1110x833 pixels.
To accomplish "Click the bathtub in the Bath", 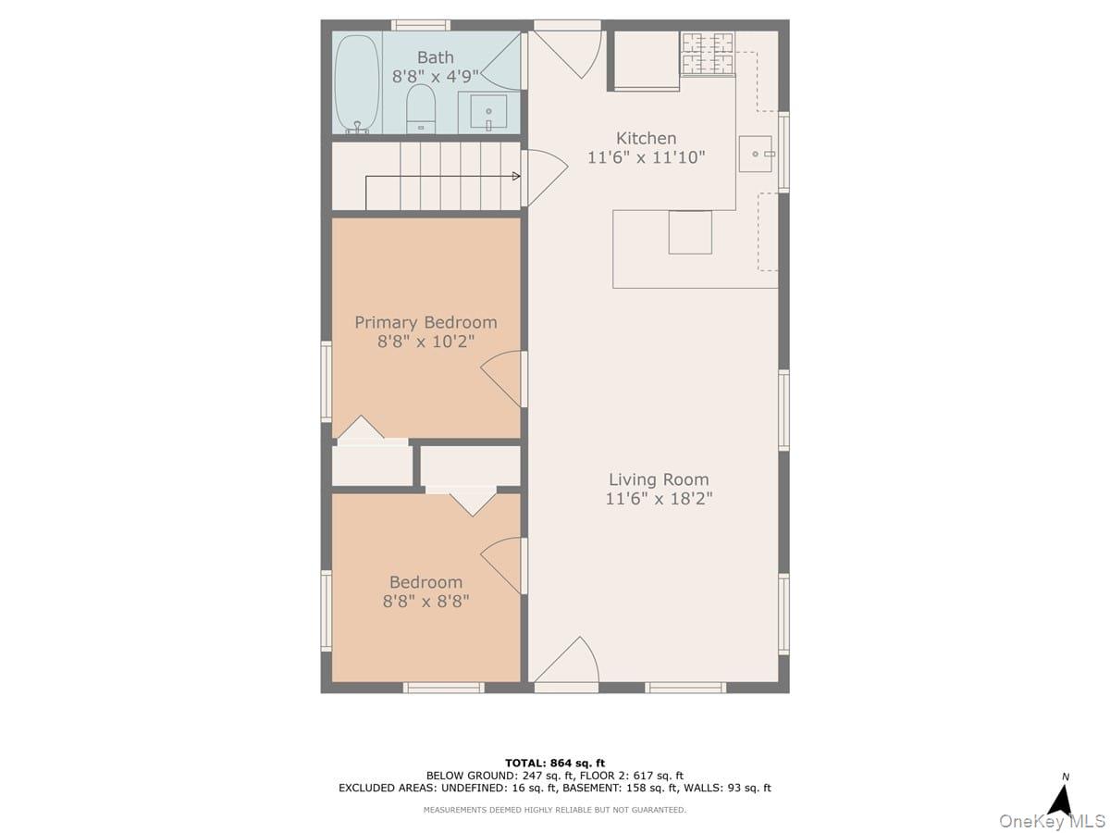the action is [356, 83].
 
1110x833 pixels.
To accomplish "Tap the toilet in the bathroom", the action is [421, 108].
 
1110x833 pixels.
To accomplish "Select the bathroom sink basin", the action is [488, 111].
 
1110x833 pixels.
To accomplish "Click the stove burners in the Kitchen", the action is [707, 54].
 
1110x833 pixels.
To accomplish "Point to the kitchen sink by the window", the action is [756, 154].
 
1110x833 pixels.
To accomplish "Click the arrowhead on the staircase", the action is [516, 176].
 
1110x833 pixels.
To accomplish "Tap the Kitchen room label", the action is [647, 138].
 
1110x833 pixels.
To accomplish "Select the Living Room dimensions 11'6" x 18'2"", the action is [659, 499].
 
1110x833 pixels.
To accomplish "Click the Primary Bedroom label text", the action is [425, 322].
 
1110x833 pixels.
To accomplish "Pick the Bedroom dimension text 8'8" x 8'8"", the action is [425, 602].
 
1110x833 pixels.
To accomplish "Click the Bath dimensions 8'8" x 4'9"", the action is [436, 77].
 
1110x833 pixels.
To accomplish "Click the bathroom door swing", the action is [500, 62].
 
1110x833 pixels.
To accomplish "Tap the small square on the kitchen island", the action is [690, 232].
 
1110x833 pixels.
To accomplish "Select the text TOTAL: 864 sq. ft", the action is [555, 764].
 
